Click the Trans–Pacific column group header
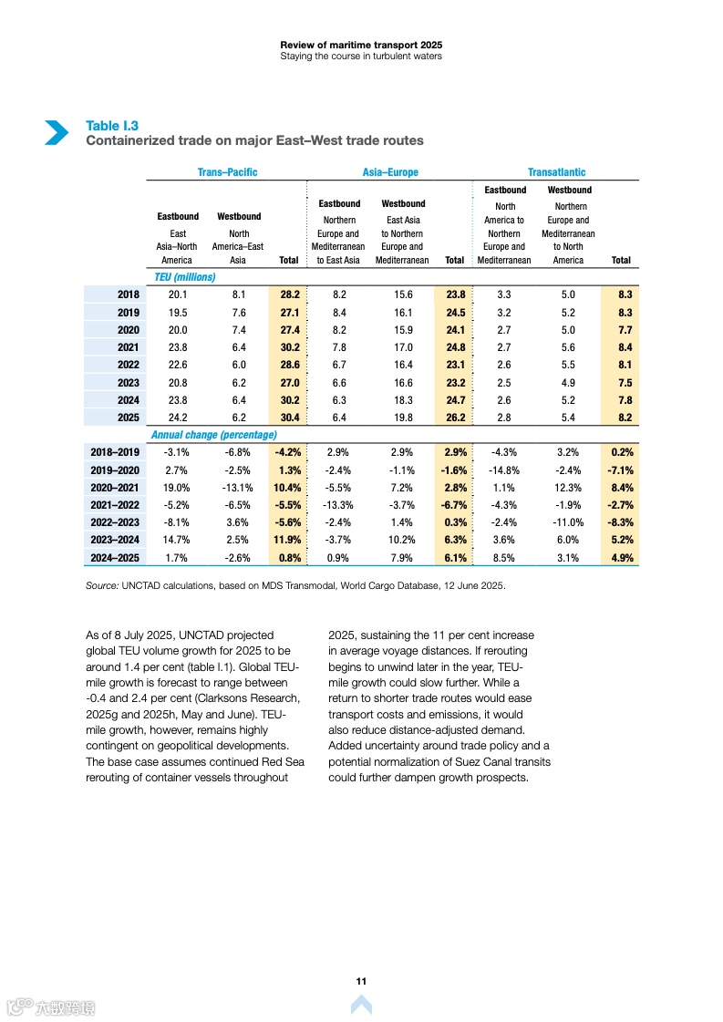coord(227,172)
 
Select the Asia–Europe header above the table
coord(390,172)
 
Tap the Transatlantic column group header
coord(556,172)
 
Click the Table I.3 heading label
coord(112,126)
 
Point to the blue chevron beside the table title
coord(57,133)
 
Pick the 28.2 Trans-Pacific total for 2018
coord(288,294)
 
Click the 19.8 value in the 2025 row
coord(402,418)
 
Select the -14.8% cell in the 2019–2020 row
coord(504,470)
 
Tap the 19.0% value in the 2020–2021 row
coord(176,488)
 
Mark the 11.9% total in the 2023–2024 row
coord(287,540)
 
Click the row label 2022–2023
coord(114,522)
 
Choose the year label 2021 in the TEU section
coord(128,347)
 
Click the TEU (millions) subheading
coord(182,277)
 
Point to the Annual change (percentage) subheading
coord(213,435)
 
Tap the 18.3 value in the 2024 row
coord(402,400)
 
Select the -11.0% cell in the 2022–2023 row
coord(570,522)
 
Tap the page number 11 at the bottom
coord(361,981)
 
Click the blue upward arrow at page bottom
coord(361,1004)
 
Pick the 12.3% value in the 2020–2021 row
coord(570,488)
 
